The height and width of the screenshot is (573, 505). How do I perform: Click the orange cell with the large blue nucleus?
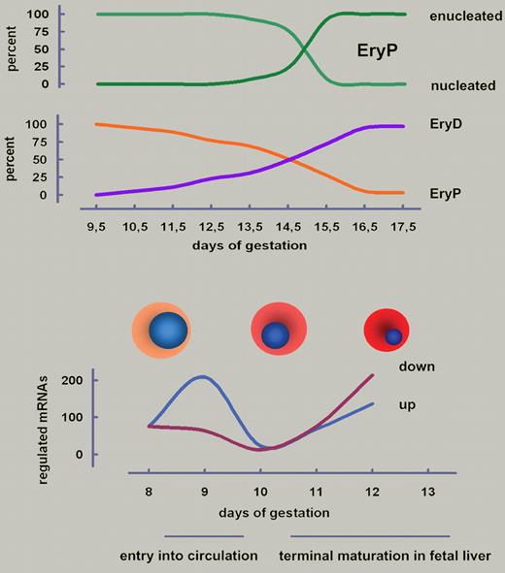(x=161, y=332)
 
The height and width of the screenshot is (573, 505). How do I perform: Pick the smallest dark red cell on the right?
(x=388, y=333)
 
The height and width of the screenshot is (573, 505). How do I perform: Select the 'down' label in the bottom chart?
(x=416, y=367)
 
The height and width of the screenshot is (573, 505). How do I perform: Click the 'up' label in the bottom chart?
(x=409, y=402)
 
